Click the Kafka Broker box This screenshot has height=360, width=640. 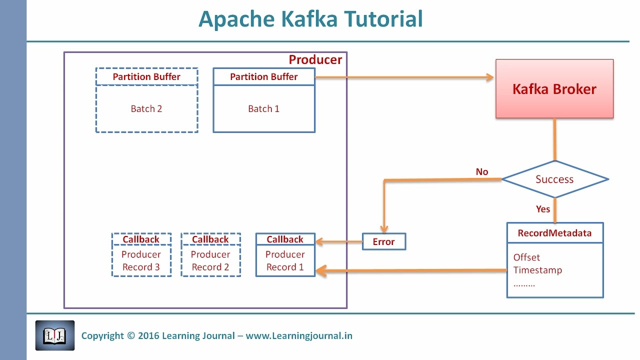[554, 89]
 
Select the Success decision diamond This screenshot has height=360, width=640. [554, 179]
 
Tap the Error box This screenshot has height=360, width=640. [383, 242]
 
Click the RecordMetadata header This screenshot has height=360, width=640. [554, 233]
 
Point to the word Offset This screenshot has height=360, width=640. [526, 257]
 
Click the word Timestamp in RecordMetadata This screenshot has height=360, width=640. [537, 270]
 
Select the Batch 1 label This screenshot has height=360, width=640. [263, 109]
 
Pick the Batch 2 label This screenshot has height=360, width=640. [146, 109]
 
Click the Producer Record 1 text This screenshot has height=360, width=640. [285, 261]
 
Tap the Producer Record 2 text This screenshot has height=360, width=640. [210, 261]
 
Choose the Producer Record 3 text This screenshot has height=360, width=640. [141, 261]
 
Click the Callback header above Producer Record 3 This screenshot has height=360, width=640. [141, 239]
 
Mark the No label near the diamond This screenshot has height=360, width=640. [481, 172]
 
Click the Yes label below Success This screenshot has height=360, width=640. [543, 209]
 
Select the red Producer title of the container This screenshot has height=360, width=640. [315, 60]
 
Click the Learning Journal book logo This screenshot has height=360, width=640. [55, 335]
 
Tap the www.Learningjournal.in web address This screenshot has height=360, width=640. [299, 336]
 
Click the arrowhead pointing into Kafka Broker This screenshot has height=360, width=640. [489, 77]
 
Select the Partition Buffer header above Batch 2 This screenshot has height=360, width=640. [146, 77]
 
